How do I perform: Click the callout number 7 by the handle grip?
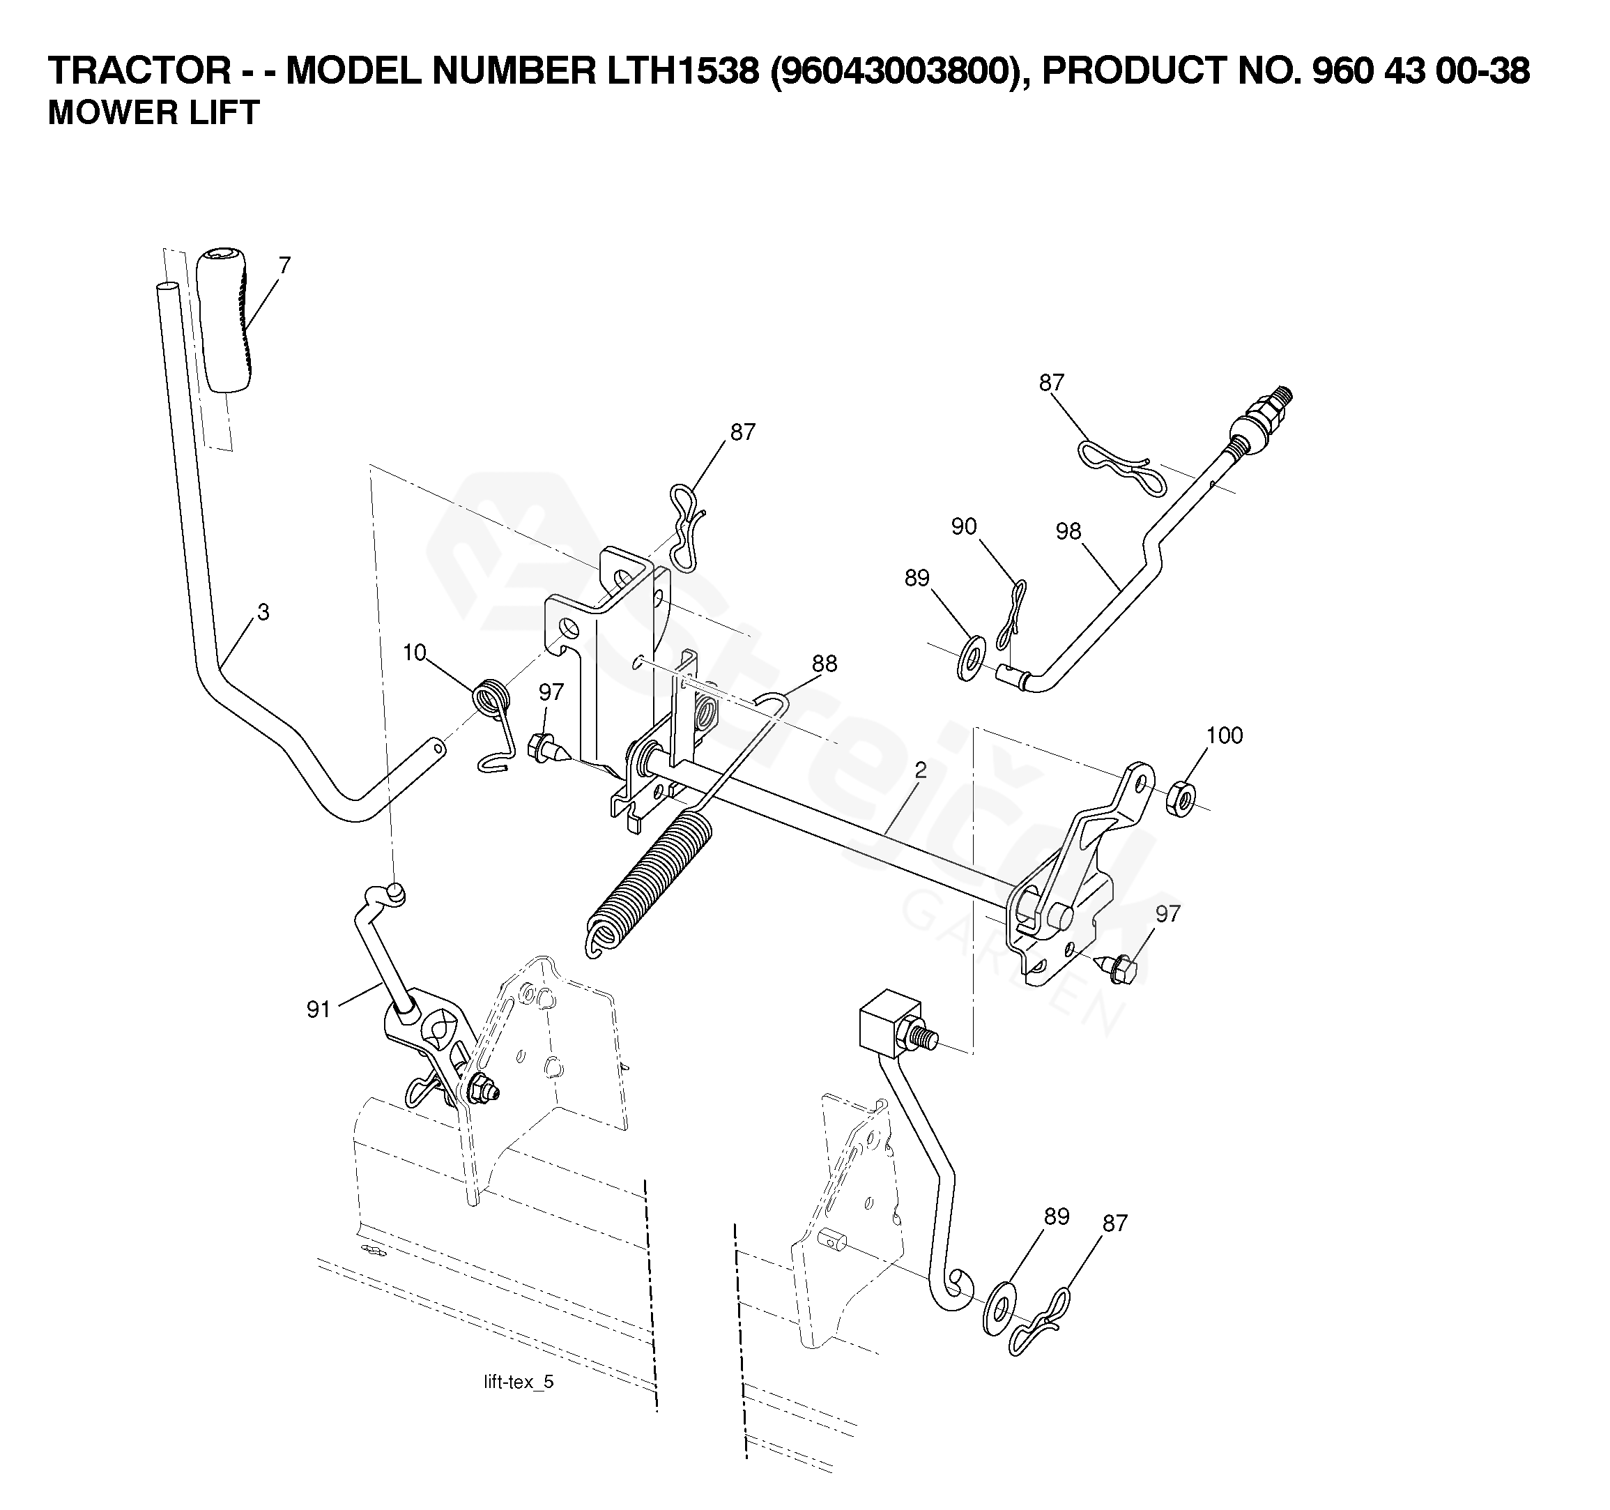click(284, 266)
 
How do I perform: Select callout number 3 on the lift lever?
click(263, 612)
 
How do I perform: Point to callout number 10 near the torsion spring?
click(414, 653)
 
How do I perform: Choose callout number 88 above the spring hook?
click(825, 664)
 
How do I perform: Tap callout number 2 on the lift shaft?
click(920, 770)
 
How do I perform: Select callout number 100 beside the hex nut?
click(1224, 735)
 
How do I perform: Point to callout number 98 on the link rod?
click(1068, 531)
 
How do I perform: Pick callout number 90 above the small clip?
click(964, 527)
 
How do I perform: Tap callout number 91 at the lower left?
click(319, 1009)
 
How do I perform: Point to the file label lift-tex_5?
click(519, 1382)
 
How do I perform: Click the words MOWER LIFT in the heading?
click(154, 113)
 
